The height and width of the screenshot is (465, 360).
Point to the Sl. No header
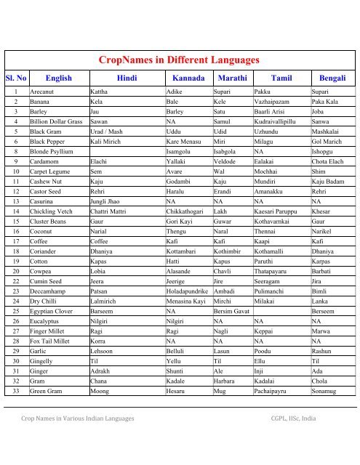(16, 77)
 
